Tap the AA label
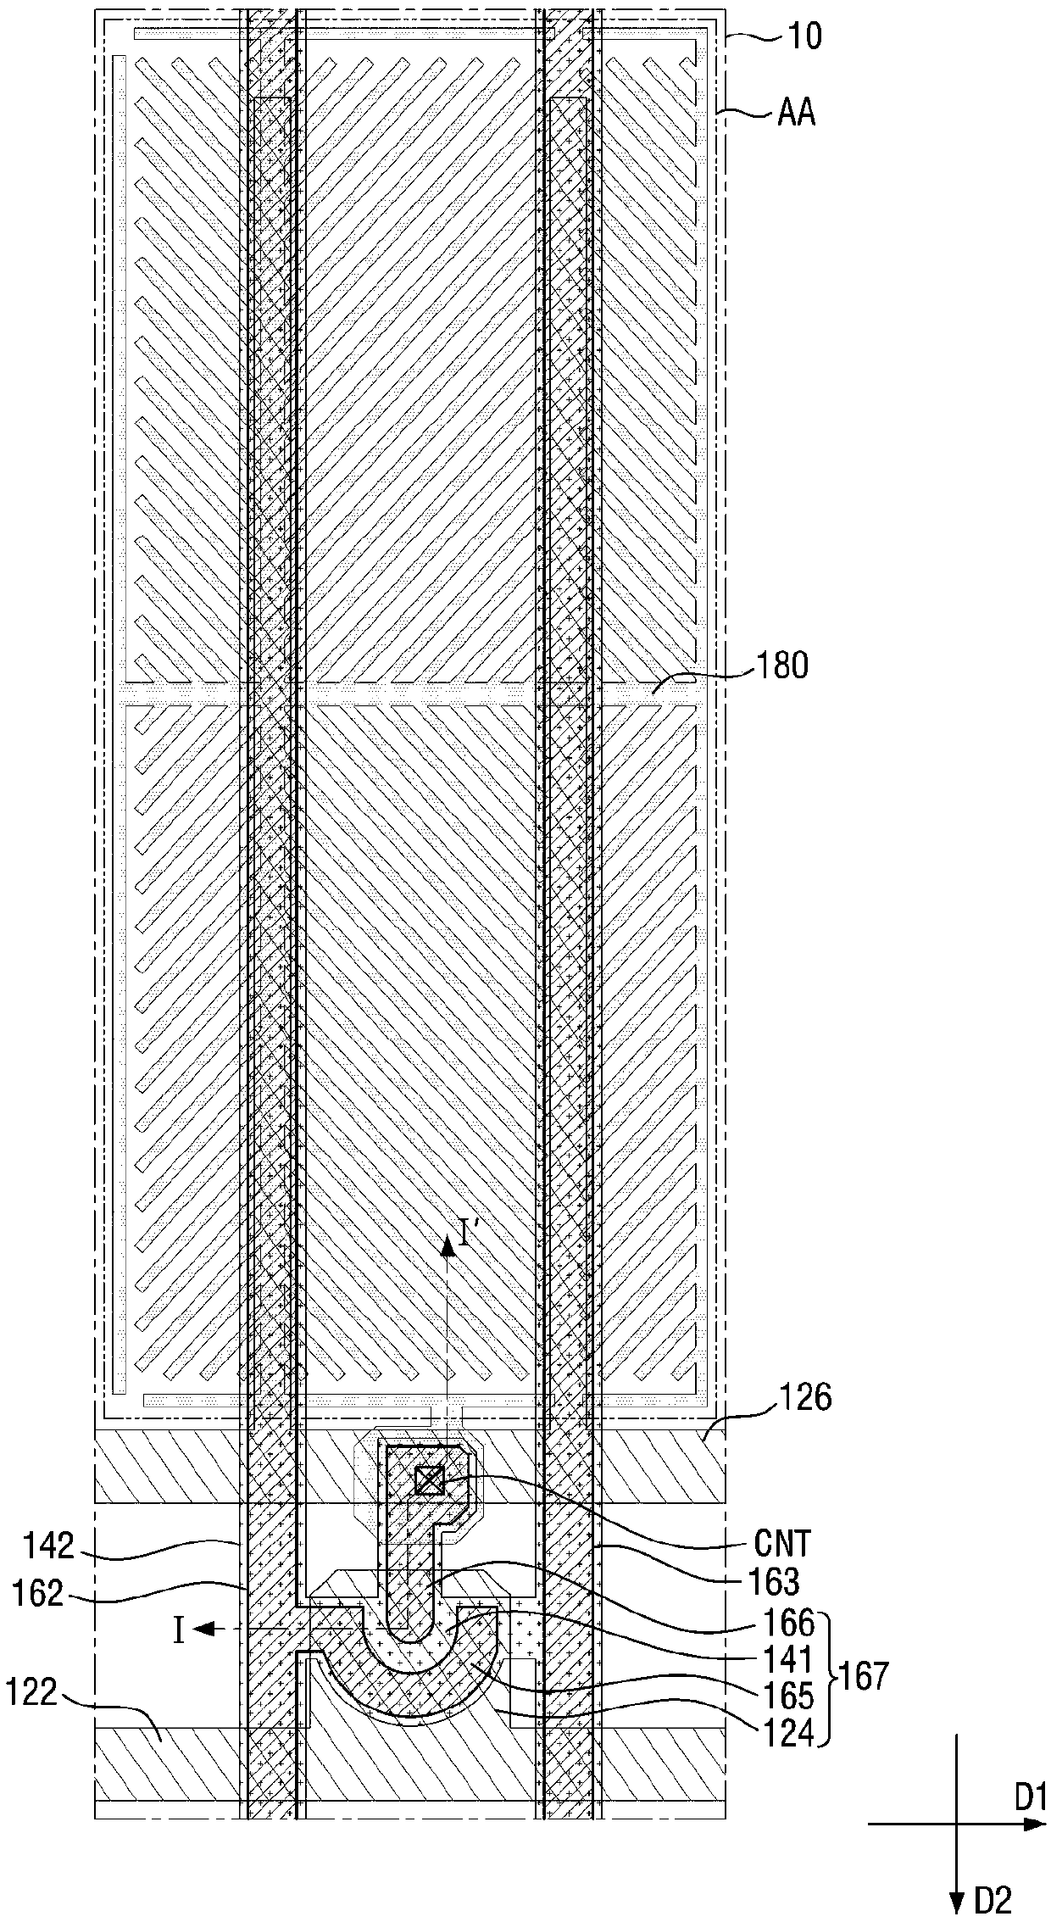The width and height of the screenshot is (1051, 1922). pyautogui.click(x=796, y=113)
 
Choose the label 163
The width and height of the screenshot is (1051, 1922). pyautogui.click(x=775, y=1581)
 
